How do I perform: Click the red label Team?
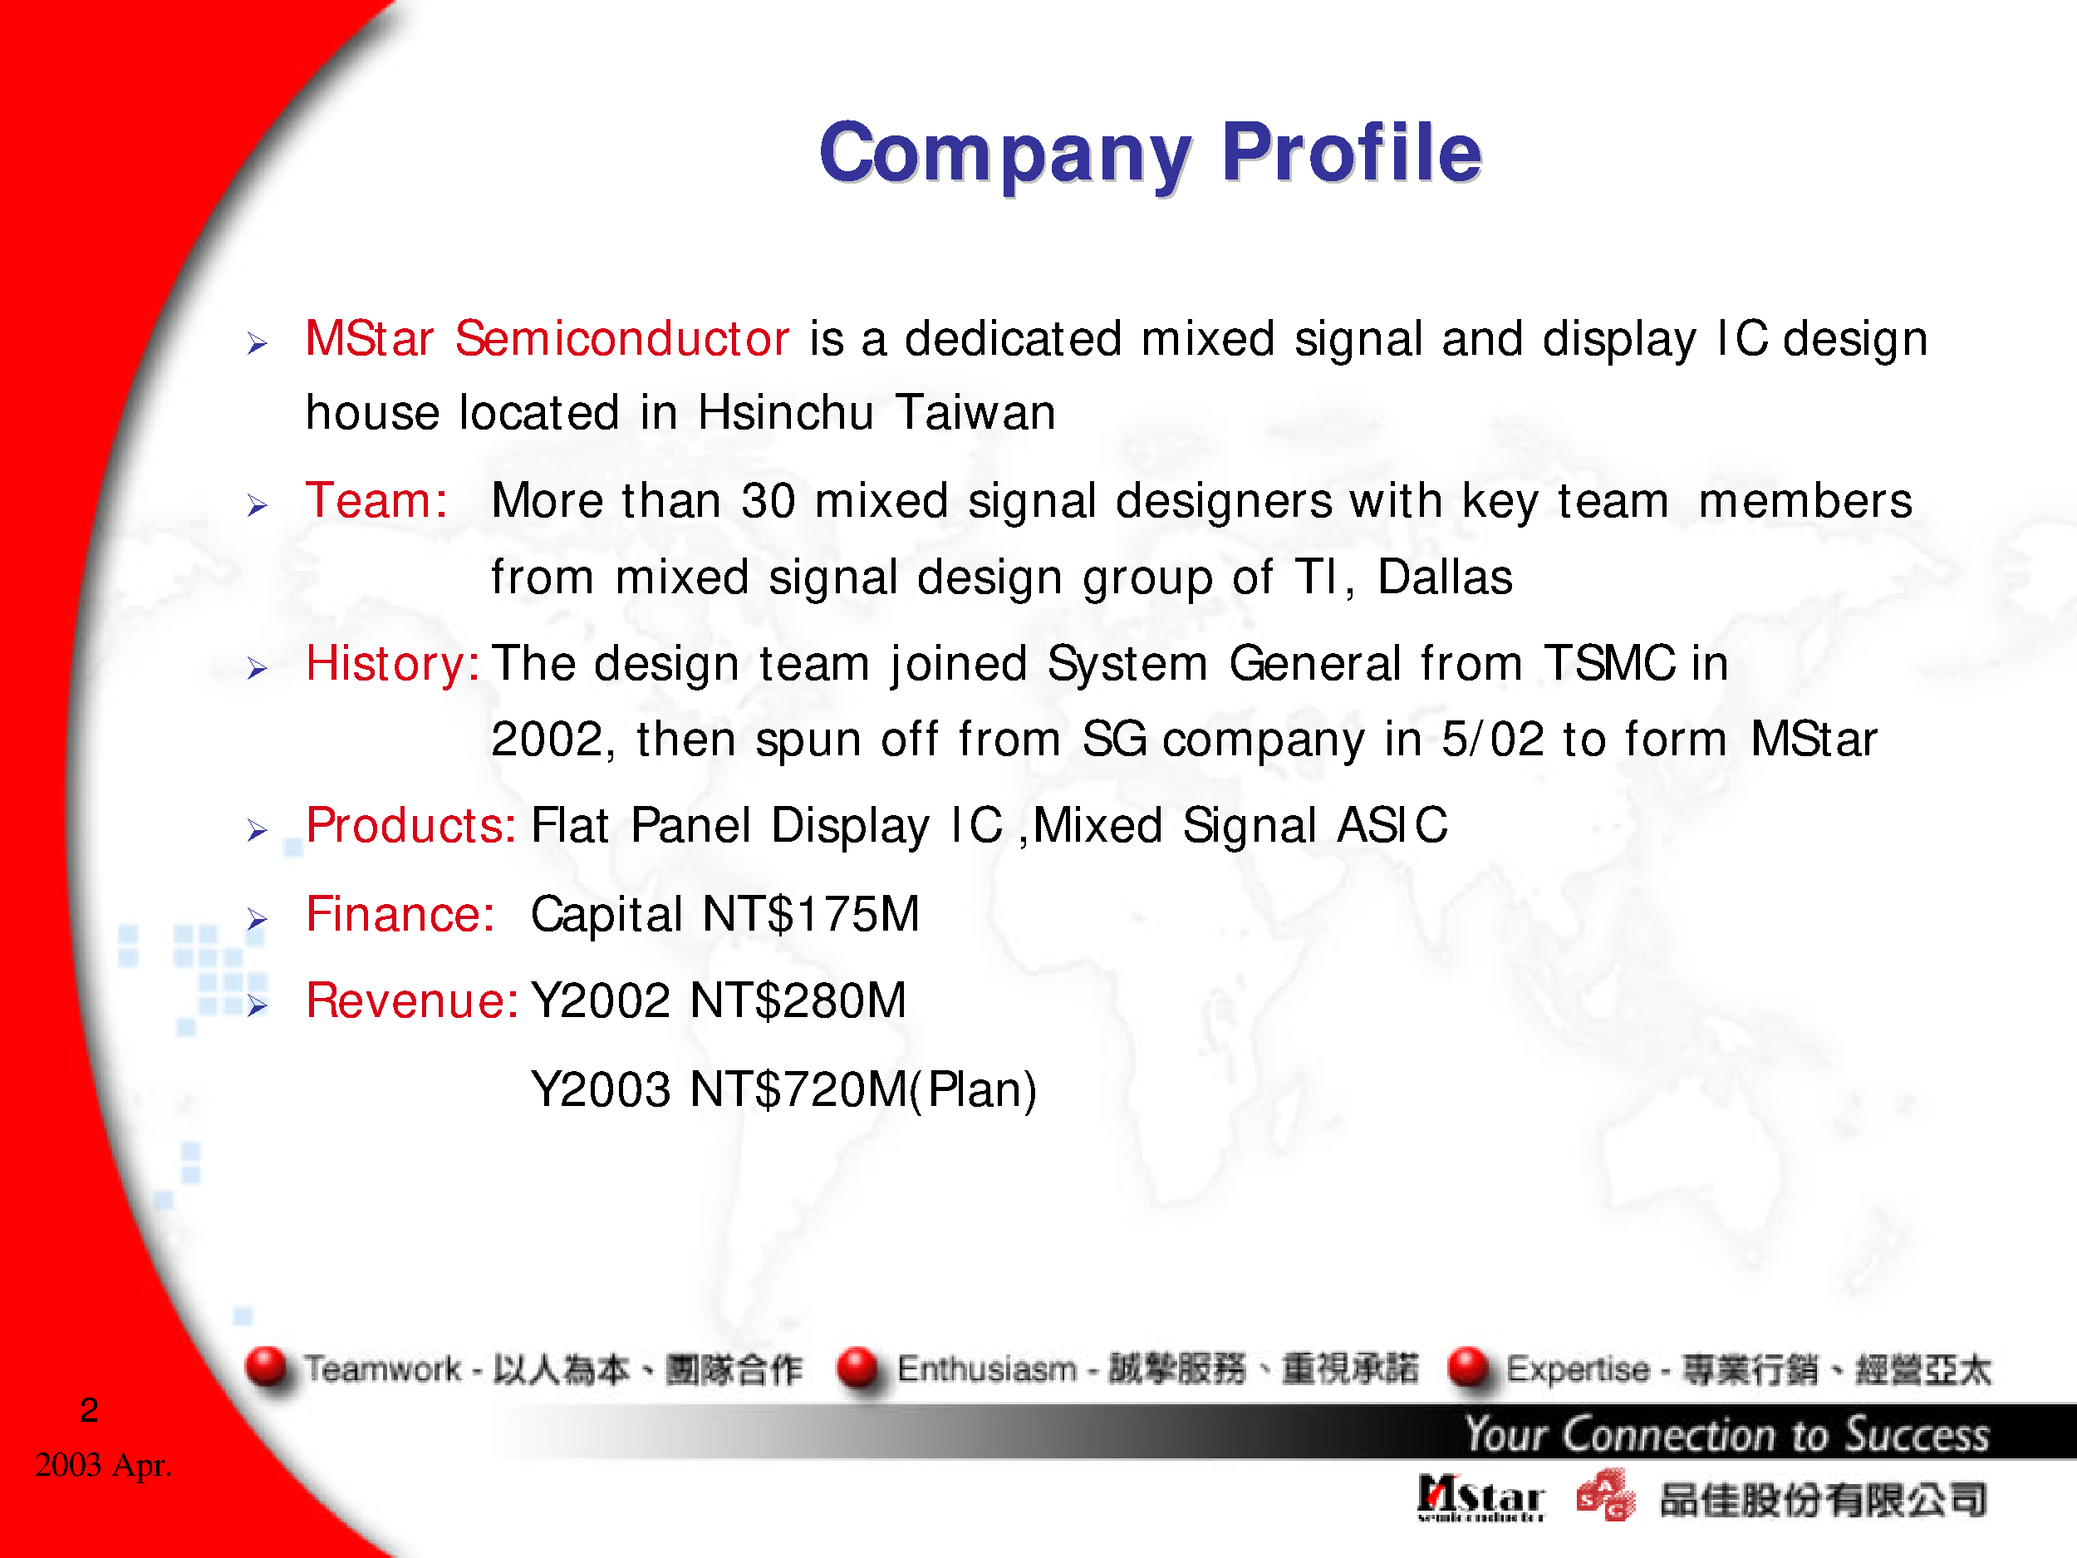tap(376, 500)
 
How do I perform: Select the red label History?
tap(392, 664)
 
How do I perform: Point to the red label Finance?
tap(400, 915)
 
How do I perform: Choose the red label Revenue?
tap(411, 1001)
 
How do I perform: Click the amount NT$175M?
tap(811, 915)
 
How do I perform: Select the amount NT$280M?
tap(798, 1001)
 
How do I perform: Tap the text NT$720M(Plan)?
tap(863, 1090)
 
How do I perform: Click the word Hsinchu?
tap(785, 413)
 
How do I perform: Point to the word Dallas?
tap(1444, 577)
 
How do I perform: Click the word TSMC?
tap(1609, 664)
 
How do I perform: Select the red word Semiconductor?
tap(621, 339)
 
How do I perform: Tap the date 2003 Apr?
tap(103, 1465)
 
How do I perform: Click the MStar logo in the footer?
tap(1480, 1498)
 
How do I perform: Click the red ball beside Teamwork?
tap(267, 1368)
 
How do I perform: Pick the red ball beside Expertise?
tap(1470, 1368)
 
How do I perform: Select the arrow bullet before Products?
tap(258, 830)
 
